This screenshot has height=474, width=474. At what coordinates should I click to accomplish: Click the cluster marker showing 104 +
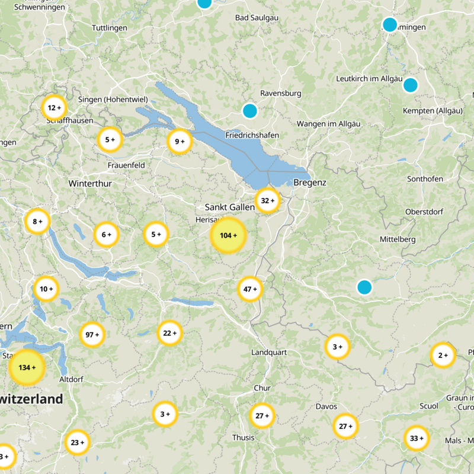pyautogui.click(x=228, y=235)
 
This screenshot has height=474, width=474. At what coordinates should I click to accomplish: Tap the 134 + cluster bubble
pyautogui.click(x=27, y=367)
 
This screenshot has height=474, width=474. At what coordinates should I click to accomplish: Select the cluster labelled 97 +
pyautogui.click(x=92, y=335)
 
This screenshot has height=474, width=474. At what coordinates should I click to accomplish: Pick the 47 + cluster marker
pyautogui.click(x=250, y=289)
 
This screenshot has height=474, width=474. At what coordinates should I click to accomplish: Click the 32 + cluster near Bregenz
pyautogui.click(x=268, y=201)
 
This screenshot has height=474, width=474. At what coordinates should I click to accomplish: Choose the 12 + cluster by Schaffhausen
pyautogui.click(x=54, y=108)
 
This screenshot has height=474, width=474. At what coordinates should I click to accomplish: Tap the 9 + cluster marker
pyautogui.click(x=180, y=142)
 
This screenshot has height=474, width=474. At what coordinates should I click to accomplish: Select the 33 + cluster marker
pyautogui.click(x=417, y=438)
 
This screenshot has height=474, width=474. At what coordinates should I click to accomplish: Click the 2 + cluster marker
pyautogui.click(x=443, y=355)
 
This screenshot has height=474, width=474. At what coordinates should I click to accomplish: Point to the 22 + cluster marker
pyautogui.click(x=170, y=333)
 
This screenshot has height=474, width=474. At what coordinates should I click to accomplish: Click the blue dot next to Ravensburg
pyautogui.click(x=250, y=111)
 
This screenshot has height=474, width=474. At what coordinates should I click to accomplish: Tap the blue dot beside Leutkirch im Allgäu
pyautogui.click(x=410, y=85)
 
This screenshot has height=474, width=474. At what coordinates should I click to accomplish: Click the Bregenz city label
pyautogui.click(x=310, y=183)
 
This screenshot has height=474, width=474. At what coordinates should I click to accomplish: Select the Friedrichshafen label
pyautogui.click(x=252, y=136)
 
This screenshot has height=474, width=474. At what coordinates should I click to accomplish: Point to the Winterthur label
pyautogui.click(x=90, y=184)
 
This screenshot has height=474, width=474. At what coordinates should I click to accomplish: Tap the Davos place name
pyautogui.click(x=326, y=406)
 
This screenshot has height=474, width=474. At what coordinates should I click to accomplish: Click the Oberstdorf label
pyautogui.click(x=425, y=212)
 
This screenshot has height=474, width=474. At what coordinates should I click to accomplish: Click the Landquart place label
pyautogui.click(x=269, y=353)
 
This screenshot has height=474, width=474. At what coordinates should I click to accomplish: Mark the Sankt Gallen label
pyautogui.click(x=229, y=207)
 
